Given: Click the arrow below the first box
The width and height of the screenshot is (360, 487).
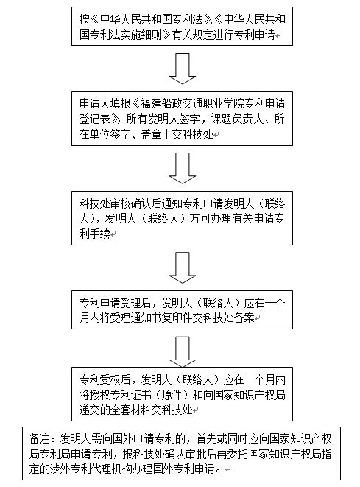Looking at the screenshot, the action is point(183,69).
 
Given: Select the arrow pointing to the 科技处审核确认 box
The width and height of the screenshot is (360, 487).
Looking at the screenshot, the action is point(183,168).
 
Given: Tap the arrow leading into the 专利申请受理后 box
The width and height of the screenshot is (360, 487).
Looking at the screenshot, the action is point(183,267).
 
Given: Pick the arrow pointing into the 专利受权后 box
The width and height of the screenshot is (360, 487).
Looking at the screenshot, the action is point(183,352).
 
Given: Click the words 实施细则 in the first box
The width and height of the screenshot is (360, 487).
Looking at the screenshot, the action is point(141,35).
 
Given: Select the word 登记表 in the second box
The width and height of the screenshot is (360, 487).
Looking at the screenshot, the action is point(95,119).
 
